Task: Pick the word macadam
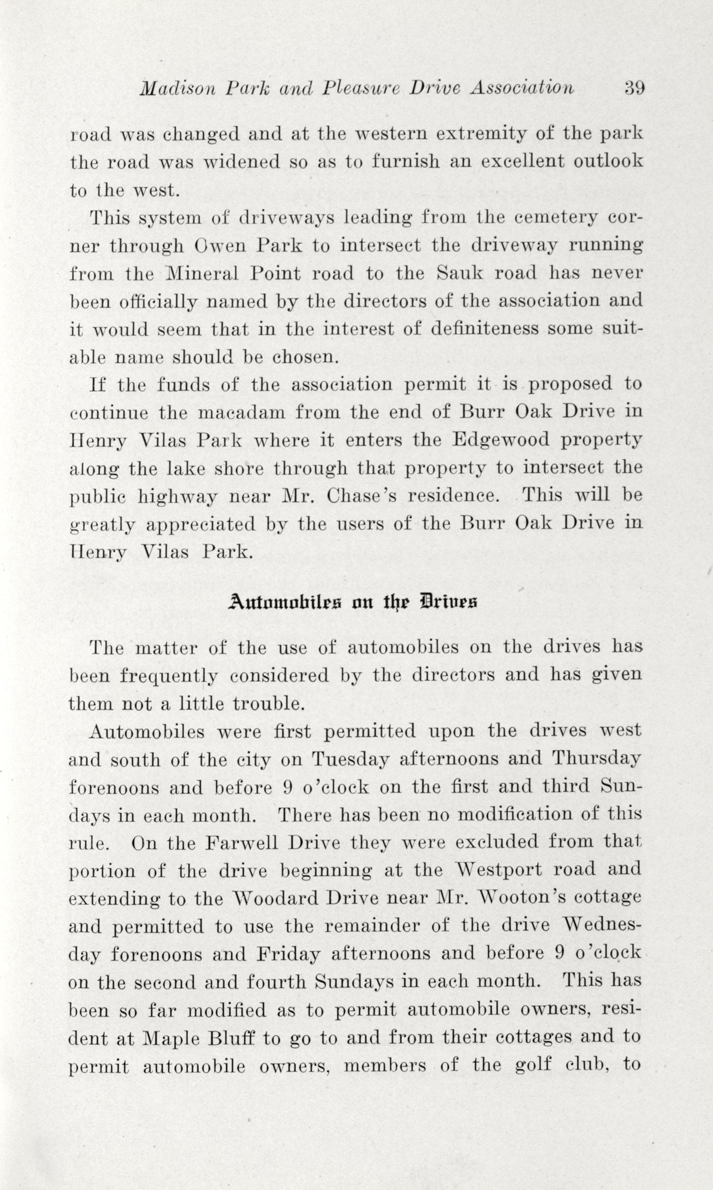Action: tap(240, 413)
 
